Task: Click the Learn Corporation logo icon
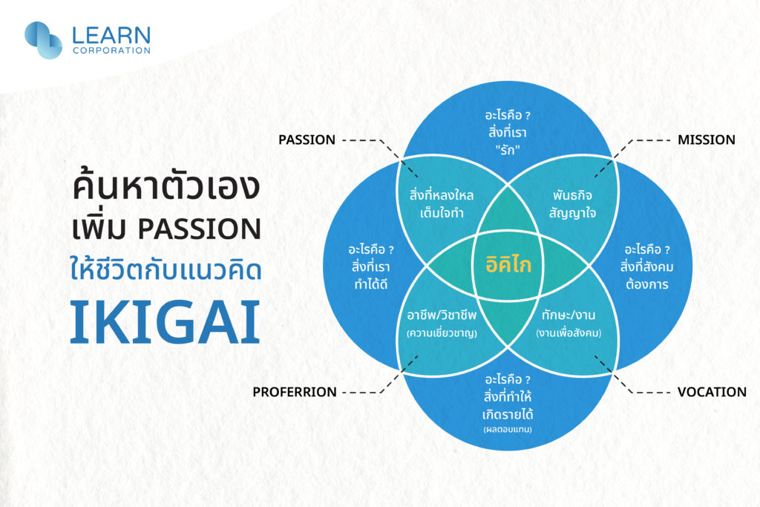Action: coord(43,40)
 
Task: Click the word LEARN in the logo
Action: coord(111,36)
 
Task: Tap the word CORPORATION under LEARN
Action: coord(111,50)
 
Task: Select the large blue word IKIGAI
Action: coord(166,322)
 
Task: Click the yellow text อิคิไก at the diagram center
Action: coord(508,264)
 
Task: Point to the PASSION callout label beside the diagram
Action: coord(307,140)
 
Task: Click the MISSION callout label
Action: coord(707,140)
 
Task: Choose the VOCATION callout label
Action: coord(712,392)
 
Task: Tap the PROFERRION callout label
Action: coord(294,392)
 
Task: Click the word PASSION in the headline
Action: coord(200,229)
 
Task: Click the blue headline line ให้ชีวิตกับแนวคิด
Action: coord(166,269)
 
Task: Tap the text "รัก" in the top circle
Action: coord(508,150)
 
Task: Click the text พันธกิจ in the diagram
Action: coord(572,196)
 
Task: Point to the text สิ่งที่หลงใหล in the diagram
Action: coord(442,195)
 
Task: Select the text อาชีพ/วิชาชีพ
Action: coord(442,315)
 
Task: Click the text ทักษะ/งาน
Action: coord(569,315)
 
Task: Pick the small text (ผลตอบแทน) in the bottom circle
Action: coord(508,430)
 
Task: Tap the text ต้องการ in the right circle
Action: coord(647,284)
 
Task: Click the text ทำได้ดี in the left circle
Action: coord(371,284)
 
